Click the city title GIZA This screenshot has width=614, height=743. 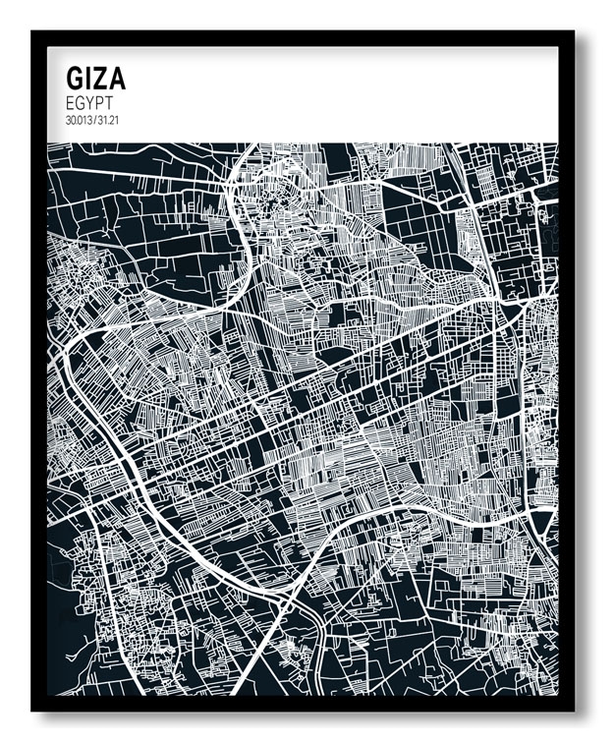pos(95,79)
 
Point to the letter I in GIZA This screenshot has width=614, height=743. pos(89,79)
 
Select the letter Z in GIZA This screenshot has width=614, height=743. pos(101,79)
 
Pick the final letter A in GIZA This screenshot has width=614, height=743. pos(117,79)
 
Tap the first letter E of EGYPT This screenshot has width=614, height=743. pos(70,102)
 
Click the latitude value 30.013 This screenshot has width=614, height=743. pos(80,120)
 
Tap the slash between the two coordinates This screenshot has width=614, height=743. pos(94,120)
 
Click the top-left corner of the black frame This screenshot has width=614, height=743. pos(33,32)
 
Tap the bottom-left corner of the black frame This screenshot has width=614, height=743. pos(33,709)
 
